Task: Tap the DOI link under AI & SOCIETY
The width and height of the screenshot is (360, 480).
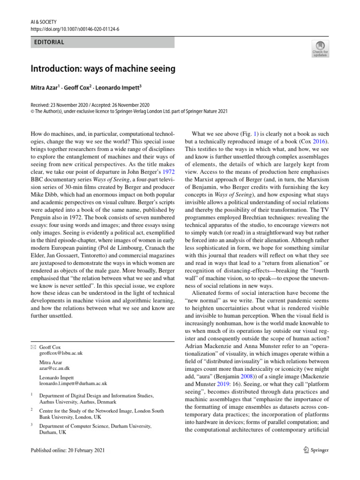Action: [x=75, y=29]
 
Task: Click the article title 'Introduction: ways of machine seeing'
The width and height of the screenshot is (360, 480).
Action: [x=103, y=69]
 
